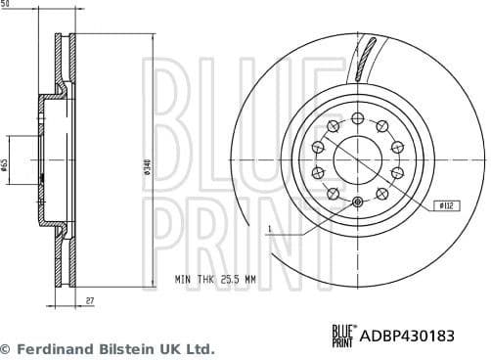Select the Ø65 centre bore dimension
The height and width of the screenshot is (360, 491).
[6, 165]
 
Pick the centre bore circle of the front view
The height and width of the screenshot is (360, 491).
[356, 157]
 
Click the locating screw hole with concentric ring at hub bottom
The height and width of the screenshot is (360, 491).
[356, 202]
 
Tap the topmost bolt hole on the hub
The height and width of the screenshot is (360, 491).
[356, 112]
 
